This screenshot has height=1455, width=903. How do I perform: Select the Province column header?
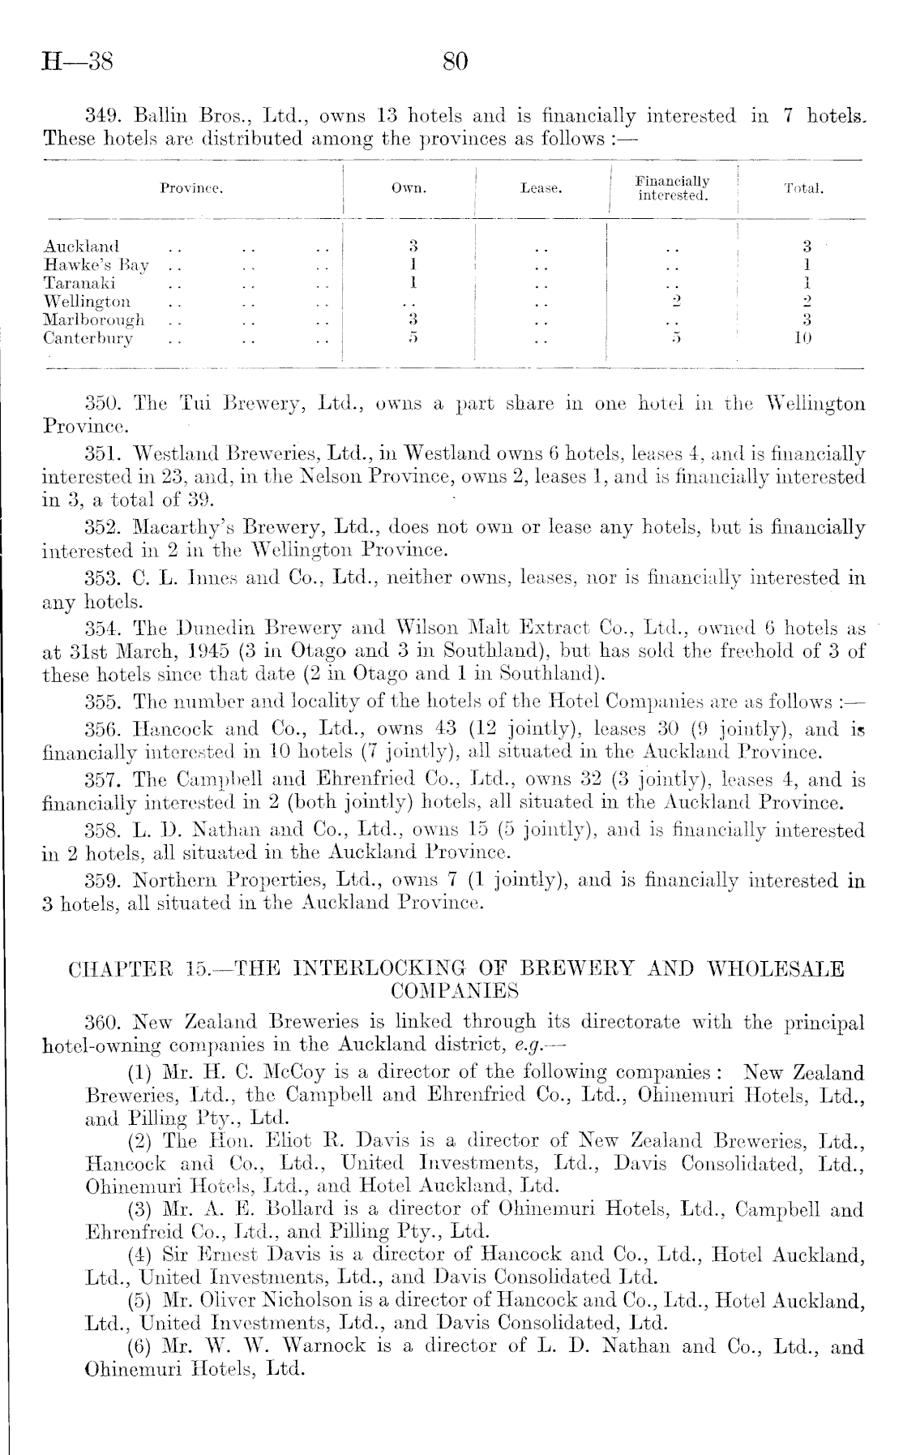[191, 189]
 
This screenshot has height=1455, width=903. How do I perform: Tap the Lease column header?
[541, 189]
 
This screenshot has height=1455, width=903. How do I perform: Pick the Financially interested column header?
[672, 188]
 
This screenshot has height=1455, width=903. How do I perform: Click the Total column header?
[803, 189]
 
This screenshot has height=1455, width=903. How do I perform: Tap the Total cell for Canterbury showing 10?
[802, 338]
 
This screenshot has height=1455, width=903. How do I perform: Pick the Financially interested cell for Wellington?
[672, 302]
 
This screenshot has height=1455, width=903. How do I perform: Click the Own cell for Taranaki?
[413, 283]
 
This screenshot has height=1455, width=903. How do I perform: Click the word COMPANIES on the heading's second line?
[454, 990]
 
